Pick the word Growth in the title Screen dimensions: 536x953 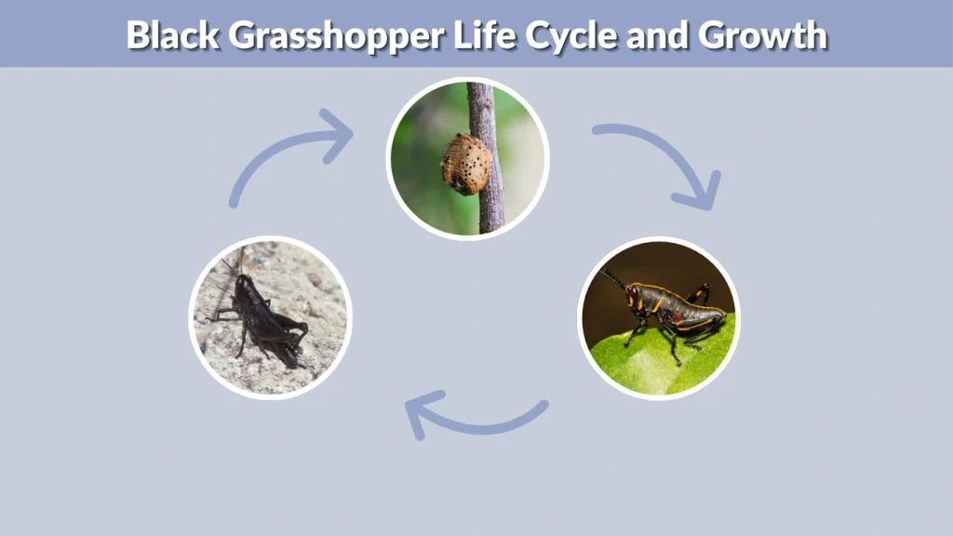(x=760, y=34)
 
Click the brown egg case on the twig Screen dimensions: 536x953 (x=465, y=163)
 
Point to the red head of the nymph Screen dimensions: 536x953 (x=635, y=297)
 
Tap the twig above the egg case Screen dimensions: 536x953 (x=479, y=107)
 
